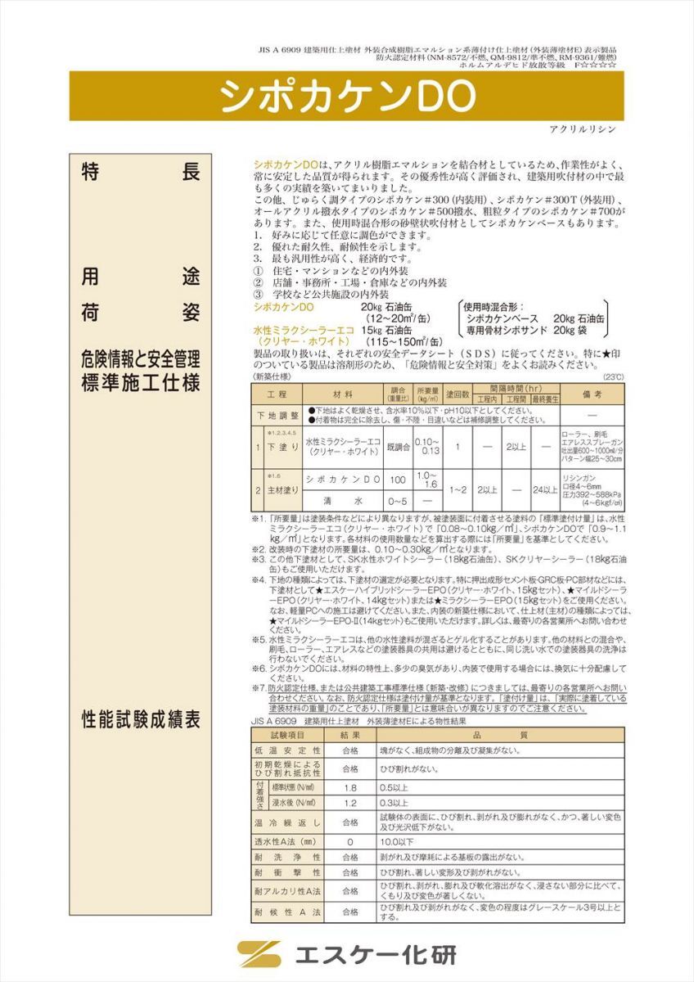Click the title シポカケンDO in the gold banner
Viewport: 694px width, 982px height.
coord(347,97)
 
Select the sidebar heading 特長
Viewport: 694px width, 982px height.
coord(140,173)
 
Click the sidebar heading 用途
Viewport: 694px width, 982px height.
coord(140,277)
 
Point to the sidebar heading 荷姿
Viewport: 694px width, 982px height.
coord(140,313)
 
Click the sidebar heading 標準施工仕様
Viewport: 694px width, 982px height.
coord(140,381)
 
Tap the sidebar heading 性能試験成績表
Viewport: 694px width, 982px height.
coord(140,720)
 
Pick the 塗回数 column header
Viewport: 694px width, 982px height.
coord(457,394)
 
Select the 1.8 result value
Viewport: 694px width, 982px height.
coord(350,786)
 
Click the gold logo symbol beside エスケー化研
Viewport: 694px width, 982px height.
coord(259,955)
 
